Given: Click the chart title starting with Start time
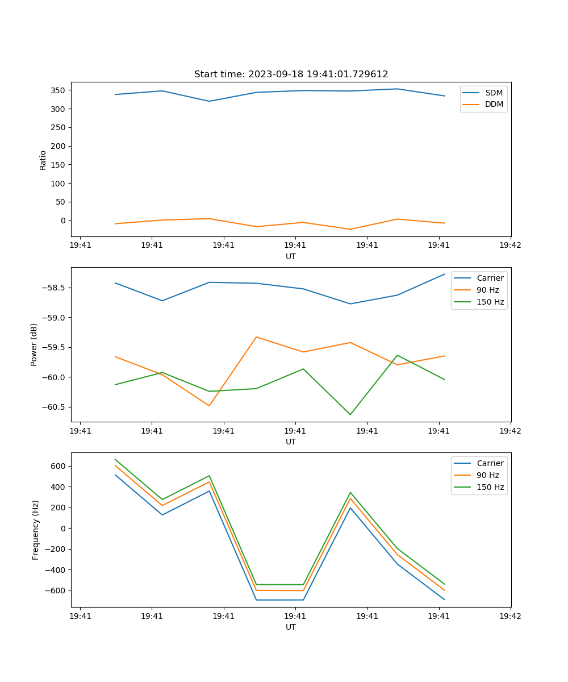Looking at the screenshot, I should (291, 74).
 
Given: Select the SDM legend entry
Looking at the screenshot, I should (494, 93).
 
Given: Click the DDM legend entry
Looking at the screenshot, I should (494, 105).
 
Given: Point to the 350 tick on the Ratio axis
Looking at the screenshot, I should (59, 90).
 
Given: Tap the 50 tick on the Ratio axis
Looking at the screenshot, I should (61, 202).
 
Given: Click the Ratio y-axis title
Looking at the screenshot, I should (43, 160).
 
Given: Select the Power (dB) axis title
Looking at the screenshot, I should (35, 344).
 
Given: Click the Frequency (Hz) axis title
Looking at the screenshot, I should (36, 530).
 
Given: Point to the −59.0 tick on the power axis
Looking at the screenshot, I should (54, 317).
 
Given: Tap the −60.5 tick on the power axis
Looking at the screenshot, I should (54, 407).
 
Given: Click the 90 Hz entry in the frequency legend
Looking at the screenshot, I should (487, 475).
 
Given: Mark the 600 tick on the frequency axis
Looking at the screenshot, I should (59, 466).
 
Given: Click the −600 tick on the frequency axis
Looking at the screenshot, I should (56, 590).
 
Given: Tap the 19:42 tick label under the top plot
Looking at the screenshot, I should (510, 246).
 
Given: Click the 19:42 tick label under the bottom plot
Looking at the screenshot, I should (510, 616).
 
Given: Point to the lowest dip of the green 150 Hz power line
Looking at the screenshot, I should (350, 414).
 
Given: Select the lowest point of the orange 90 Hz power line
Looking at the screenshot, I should (209, 406).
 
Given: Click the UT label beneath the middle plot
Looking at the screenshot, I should (291, 442).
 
